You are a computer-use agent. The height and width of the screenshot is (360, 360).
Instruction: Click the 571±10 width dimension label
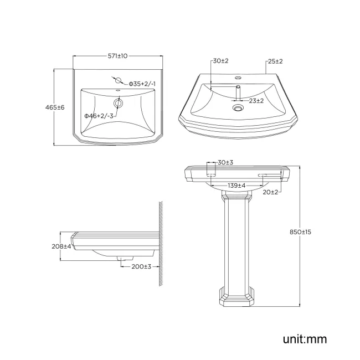(118, 56)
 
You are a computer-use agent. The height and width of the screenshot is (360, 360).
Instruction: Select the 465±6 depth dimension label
(55, 107)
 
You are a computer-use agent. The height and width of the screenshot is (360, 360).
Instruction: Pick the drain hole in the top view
(118, 102)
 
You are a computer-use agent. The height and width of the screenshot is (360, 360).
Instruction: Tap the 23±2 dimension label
(256, 101)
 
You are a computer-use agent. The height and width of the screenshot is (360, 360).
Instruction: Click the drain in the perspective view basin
(239, 108)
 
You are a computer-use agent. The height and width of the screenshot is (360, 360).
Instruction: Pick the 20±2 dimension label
(271, 192)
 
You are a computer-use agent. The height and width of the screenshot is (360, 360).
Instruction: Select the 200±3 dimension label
(141, 266)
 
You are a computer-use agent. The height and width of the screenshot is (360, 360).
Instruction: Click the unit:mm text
(305, 338)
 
